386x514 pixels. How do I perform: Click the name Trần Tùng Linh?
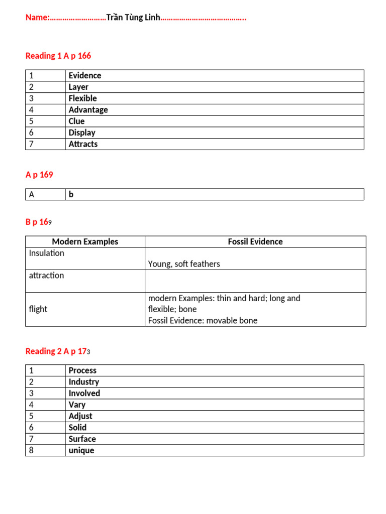(x=133, y=18)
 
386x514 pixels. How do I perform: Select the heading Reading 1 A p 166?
(x=58, y=56)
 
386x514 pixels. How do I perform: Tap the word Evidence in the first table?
(x=85, y=75)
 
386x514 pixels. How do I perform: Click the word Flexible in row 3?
(x=83, y=98)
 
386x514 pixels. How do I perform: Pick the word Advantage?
(x=88, y=110)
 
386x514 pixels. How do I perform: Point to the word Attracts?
(x=83, y=144)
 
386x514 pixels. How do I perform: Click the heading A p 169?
(x=39, y=175)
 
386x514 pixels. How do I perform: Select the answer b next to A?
(x=71, y=194)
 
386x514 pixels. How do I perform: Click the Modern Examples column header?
(x=85, y=241)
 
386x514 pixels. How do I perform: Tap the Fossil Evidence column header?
(x=255, y=241)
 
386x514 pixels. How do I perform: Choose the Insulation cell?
(x=47, y=253)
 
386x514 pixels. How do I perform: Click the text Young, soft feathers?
(x=184, y=264)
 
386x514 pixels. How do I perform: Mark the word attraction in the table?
(x=47, y=276)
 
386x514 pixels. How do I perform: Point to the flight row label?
(x=38, y=309)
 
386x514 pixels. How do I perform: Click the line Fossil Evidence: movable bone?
(x=203, y=320)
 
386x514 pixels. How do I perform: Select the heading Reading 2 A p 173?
(x=58, y=351)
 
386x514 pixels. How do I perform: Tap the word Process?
(x=82, y=370)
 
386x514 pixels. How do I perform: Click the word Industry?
(x=84, y=382)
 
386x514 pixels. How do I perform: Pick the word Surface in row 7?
(x=82, y=439)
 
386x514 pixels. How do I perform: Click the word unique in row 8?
(x=81, y=450)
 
